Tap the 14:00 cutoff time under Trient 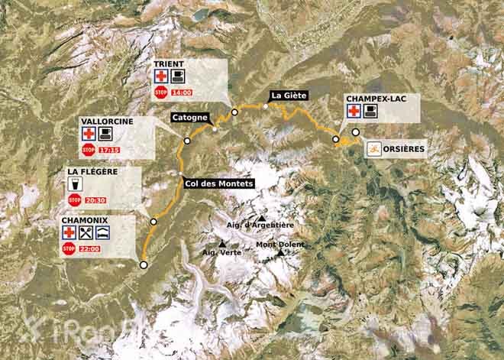[181, 92]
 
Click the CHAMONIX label [86, 220]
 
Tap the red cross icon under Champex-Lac [354, 112]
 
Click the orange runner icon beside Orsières [374, 148]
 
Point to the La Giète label [287, 96]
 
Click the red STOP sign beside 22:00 [68, 248]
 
